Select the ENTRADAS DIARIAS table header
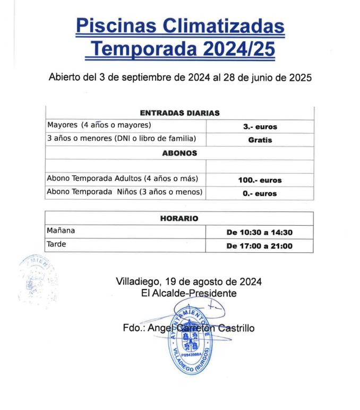pos(179,113)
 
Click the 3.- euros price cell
pos(260,127)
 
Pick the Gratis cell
pos(260,140)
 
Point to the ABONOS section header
pos(179,153)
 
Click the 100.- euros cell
pos(260,180)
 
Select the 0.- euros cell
pos(260,193)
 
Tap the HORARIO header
pos(179,218)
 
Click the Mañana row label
pos(61,231)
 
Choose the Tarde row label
pos(55,245)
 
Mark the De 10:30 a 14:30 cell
pos(260,232)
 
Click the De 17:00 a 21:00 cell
pos(260,246)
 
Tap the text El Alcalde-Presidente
pos(188,293)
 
